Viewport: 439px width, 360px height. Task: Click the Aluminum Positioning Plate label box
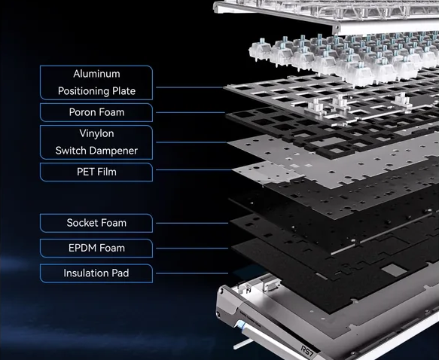(96, 83)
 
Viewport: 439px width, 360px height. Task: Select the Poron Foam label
(96, 112)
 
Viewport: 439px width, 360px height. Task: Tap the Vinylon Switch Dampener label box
(96, 142)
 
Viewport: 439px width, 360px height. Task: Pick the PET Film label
(96, 172)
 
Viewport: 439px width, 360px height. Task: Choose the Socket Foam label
(96, 223)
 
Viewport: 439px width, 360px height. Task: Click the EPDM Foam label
(96, 248)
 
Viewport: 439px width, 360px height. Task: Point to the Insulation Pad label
(96, 273)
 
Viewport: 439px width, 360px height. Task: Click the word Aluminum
(96, 74)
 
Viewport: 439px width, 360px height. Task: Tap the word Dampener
(117, 151)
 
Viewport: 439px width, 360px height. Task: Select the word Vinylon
(96, 133)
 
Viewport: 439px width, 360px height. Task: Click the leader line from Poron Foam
(191, 112)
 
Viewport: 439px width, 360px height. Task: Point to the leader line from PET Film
(194, 170)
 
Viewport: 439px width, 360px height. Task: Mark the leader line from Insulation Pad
(192, 273)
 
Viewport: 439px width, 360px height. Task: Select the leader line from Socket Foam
(192, 223)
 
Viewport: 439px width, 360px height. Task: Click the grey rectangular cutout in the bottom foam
(395, 270)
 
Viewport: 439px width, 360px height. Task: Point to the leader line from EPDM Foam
(192, 249)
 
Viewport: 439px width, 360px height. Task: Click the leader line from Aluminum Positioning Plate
(190, 87)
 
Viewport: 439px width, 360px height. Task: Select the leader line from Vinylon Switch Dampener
(191, 142)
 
